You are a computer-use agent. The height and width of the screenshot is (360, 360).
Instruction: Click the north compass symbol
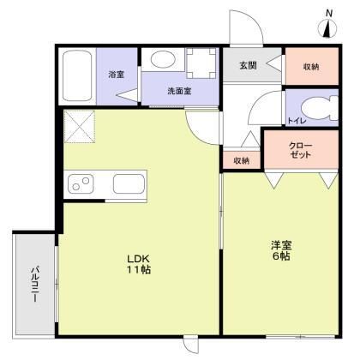coord(327,29)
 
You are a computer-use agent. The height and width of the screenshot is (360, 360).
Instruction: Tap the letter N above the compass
coord(328,11)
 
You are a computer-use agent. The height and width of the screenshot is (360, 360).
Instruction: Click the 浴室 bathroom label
coord(116,75)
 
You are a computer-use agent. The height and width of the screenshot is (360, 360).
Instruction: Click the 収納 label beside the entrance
coord(310,66)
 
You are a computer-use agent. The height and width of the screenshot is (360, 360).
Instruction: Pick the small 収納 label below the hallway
coord(241,160)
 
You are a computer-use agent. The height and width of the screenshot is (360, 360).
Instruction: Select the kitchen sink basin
coord(129,183)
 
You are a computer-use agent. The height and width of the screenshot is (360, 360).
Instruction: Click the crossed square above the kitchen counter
coord(81,129)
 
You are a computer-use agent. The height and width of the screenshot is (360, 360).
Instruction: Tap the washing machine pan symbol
coord(201,63)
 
